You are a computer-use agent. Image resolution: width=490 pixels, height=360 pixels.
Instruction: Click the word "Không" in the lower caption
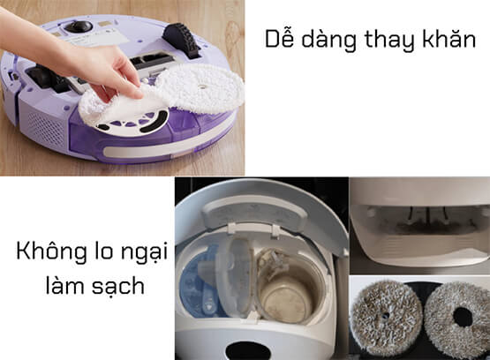51,251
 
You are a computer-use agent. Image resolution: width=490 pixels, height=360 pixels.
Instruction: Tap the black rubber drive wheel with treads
181,40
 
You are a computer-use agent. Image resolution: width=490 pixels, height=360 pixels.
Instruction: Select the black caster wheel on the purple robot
79,26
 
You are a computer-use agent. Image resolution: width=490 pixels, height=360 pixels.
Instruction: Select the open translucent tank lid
235,278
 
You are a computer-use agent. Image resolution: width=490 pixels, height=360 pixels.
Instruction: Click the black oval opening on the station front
248,351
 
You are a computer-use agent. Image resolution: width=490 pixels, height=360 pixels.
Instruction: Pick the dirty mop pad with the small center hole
386,317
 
